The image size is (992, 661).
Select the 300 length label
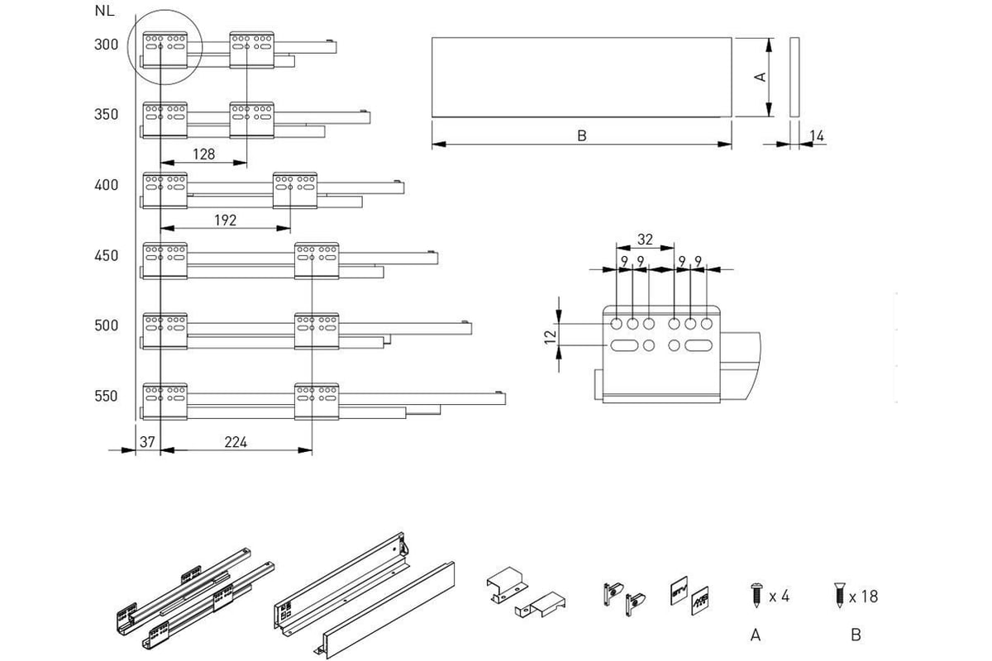[x=107, y=45]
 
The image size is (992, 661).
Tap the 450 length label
[x=107, y=255]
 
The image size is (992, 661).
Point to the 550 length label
[x=107, y=396]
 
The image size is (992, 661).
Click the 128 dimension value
[x=203, y=153]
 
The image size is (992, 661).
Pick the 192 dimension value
[x=225, y=220]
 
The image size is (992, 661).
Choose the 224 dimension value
[x=236, y=442]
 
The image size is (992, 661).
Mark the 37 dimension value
[x=147, y=442]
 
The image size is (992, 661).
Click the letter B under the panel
[x=582, y=136]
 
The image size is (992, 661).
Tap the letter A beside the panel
[x=761, y=76]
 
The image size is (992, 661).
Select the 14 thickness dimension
[x=818, y=136]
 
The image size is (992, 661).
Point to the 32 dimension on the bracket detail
[x=645, y=240]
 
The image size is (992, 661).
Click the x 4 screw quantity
[x=778, y=595]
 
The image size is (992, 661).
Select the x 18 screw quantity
[x=863, y=595]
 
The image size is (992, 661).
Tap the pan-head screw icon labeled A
[x=756, y=594]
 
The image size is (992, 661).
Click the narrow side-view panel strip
[x=795, y=77]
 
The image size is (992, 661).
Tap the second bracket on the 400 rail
[x=295, y=190]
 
